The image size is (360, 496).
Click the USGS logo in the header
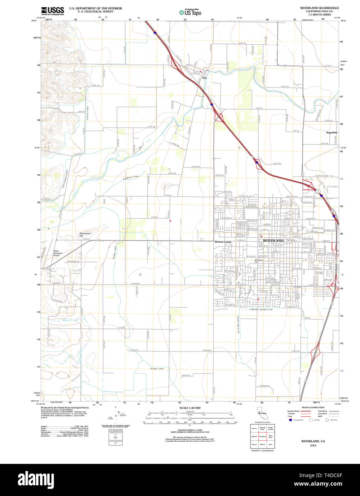(x=52, y=11)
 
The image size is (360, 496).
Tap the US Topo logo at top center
(x=190, y=12)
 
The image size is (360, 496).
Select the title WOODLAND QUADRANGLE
(x=319, y=8)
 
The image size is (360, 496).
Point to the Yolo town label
(x=204, y=78)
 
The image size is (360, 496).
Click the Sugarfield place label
(x=331, y=132)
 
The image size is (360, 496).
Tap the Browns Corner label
(x=223, y=242)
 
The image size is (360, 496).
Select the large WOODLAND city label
(x=273, y=241)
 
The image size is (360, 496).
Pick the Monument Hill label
(x=85, y=235)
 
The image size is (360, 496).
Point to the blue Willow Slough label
(x=70, y=320)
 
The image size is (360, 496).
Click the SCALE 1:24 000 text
(x=190, y=408)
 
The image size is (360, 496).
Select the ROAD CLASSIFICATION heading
(x=313, y=408)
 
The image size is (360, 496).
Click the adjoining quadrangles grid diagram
(x=262, y=436)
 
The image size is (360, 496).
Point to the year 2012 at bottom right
(x=313, y=445)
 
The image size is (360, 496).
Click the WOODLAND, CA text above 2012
(x=313, y=441)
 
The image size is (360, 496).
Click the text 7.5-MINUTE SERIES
(x=319, y=15)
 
